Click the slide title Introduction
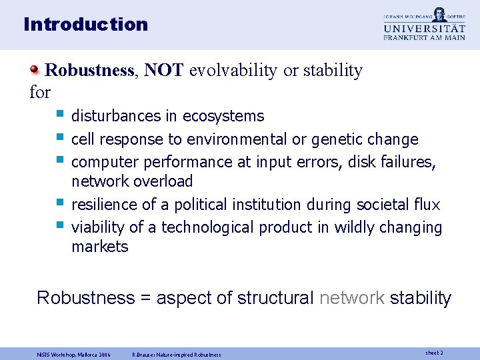click(x=85, y=25)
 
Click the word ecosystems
click(x=223, y=116)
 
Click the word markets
click(x=100, y=247)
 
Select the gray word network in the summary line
click(x=351, y=298)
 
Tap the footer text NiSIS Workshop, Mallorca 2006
click(x=74, y=353)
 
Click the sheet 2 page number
click(x=433, y=352)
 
